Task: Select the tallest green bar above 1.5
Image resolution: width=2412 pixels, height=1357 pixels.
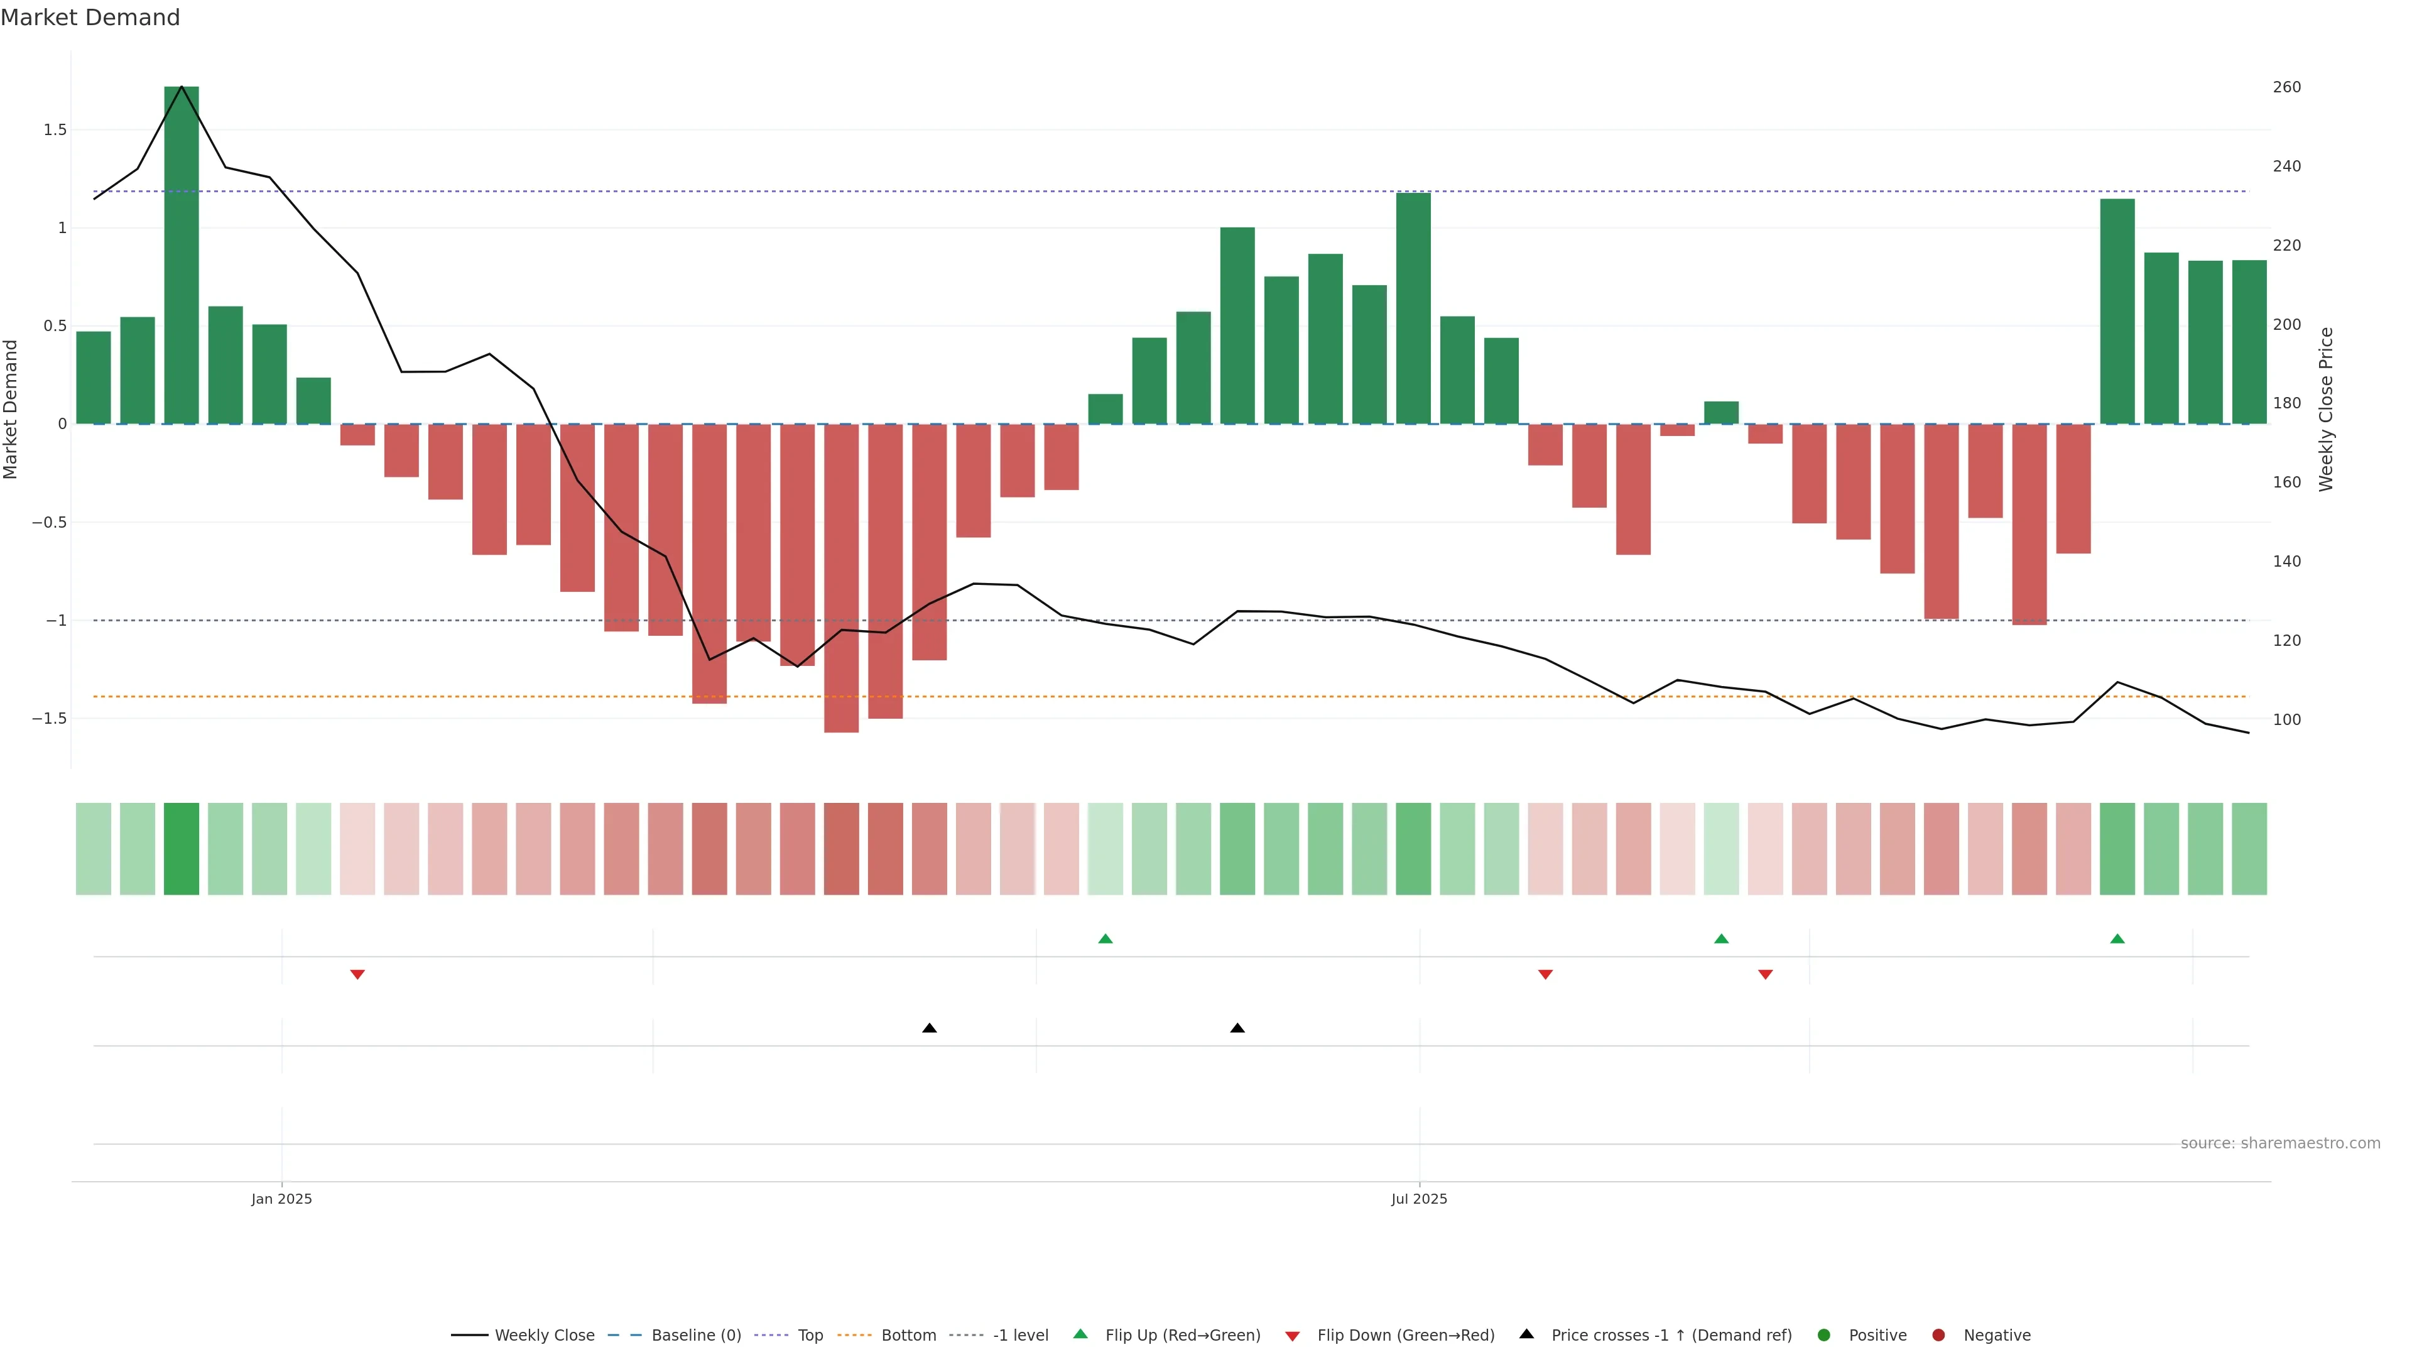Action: click(x=182, y=254)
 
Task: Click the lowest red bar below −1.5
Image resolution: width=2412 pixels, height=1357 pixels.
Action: click(x=841, y=578)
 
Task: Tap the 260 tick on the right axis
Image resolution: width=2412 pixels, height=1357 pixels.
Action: click(x=2286, y=87)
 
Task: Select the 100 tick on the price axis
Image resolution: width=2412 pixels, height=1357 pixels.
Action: click(x=2286, y=719)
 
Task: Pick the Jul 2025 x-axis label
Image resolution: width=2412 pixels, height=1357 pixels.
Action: click(x=1418, y=1199)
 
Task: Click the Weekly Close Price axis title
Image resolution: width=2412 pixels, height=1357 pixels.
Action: click(x=2326, y=409)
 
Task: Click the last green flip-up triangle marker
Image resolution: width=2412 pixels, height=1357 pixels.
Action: click(x=2117, y=939)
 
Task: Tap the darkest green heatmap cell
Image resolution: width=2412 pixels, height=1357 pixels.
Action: click(x=182, y=849)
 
